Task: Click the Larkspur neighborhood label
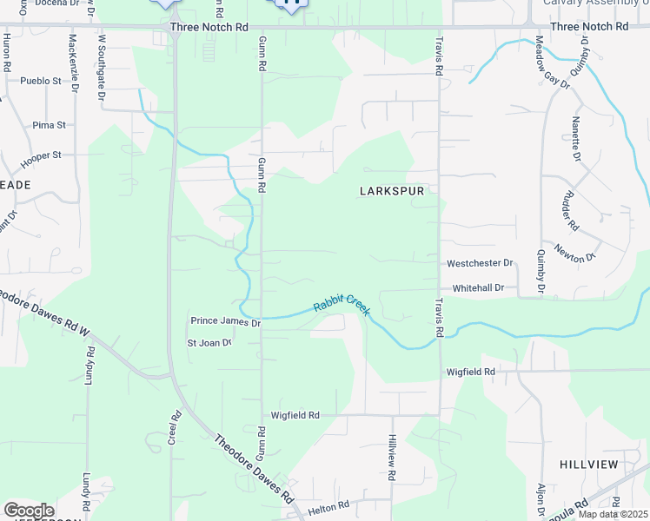coord(391,191)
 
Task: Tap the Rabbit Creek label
coord(342,304)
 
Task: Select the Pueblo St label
coord(43,81)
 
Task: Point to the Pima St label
coord(49,125)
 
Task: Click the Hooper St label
coord(42,155)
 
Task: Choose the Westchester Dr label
coord(481,263)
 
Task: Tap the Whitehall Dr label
coord(477,288)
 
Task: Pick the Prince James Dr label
coord(225,322)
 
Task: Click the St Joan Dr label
coord(209,343)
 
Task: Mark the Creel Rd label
coord(175,428)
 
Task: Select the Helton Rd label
coord(328,505)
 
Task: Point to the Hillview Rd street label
coord(392,458)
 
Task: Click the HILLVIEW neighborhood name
coord(588,465)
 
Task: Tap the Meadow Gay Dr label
coord(553,63)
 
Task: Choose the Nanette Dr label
coord(576,139)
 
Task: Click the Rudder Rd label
coord(573,211)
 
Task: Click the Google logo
coord(29,511)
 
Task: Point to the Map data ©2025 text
coord(612,514)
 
